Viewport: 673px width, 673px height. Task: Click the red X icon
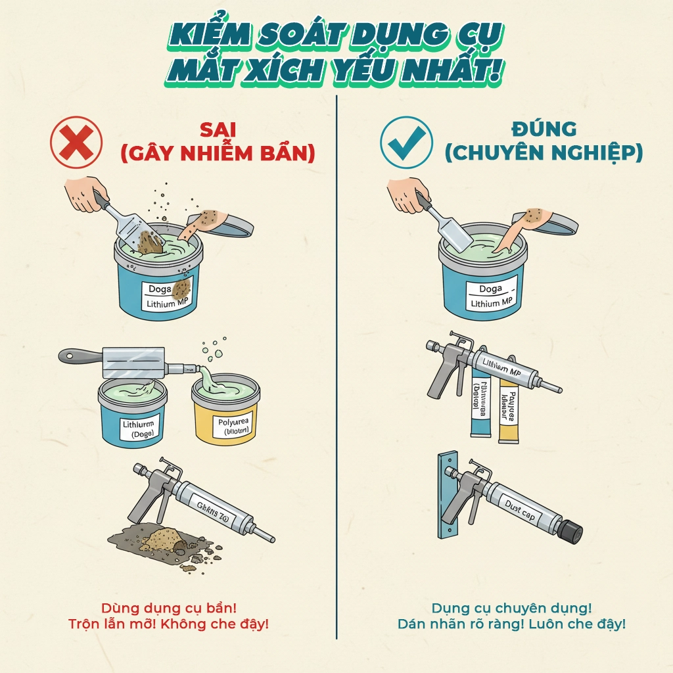click(76, 143)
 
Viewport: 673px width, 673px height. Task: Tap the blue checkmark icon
click(407, 143)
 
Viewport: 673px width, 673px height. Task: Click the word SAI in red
click(218, 129)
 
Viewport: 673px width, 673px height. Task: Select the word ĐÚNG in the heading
click(543, 129)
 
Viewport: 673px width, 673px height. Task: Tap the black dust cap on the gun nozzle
click(569, 529)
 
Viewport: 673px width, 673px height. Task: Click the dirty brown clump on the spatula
click(150, 243)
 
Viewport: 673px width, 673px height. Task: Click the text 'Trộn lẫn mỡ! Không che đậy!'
click(168, 624)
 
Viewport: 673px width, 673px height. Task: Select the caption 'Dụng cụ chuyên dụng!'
click(512, 608)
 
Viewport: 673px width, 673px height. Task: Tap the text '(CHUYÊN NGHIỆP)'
click(543, 153)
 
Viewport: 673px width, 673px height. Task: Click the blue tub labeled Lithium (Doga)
click(132, 417)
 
